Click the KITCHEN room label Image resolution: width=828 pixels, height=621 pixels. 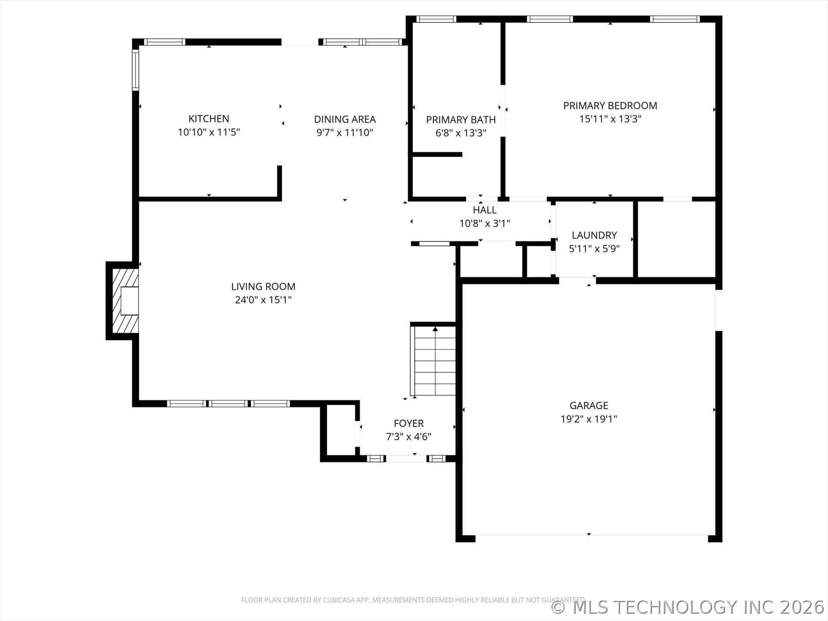click(209, 119)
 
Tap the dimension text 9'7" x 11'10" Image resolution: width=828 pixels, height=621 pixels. click(345, 133)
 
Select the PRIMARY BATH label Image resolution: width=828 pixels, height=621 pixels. click(461, 120)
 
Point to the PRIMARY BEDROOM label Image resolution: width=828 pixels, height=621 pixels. click(610, 106)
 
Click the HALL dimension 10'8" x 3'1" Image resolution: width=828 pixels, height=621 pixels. click(484, 223)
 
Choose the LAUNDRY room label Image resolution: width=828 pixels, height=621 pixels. click(594, 235)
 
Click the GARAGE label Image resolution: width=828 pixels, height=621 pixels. click(588, 405)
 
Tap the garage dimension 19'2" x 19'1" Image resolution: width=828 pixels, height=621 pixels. click(588, 419)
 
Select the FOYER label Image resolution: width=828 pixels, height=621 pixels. click(408, 423)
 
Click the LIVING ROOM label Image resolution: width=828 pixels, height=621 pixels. click(263, 286)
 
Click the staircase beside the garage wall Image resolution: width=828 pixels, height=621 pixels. click(435, 362)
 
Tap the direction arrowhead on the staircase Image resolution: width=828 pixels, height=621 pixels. click(435, 329)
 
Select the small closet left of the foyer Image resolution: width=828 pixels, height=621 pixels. click(341, 430)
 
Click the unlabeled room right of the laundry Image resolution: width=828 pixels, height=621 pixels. click(676, 239)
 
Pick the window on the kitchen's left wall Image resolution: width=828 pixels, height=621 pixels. click(135, 69)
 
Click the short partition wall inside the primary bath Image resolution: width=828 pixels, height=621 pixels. click(437, 154)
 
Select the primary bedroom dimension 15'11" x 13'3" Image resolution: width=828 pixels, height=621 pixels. click(610, 119)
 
